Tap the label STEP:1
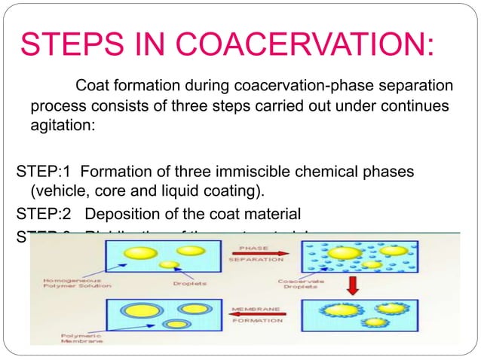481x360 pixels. [41, 172]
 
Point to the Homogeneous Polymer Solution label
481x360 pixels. [72, 284]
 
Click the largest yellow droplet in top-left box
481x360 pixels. [136, 252]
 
